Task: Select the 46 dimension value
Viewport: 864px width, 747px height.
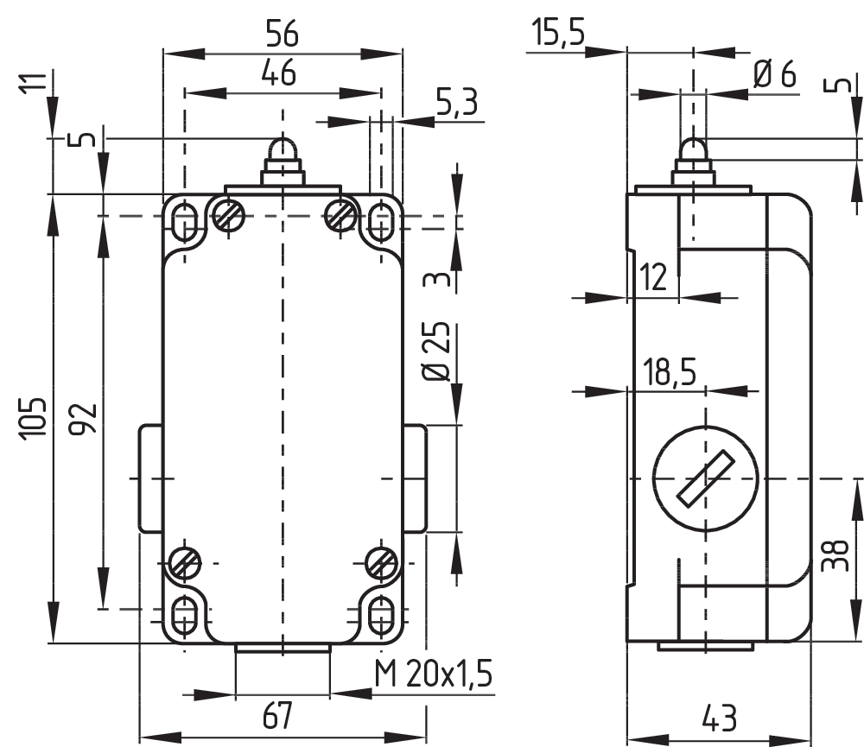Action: (279, 73)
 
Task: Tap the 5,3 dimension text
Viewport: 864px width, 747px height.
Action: (457, 102)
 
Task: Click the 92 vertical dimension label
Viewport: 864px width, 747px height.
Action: (85, 419)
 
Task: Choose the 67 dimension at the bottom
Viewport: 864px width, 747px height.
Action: (277, 716)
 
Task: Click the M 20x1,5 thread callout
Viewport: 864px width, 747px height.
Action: (433, 673)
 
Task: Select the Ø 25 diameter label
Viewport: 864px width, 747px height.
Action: (436, 351)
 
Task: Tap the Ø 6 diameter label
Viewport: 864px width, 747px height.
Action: (775, 73)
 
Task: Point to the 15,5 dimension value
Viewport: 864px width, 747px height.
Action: (558, 32)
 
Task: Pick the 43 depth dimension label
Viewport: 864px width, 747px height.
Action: (720, 719)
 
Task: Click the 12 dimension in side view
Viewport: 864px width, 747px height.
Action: (653, 276)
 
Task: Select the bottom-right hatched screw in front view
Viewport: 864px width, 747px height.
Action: (383, 564)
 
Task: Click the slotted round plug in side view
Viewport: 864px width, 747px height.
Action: (706, 478)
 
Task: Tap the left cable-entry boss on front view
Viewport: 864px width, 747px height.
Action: (149, 478)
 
